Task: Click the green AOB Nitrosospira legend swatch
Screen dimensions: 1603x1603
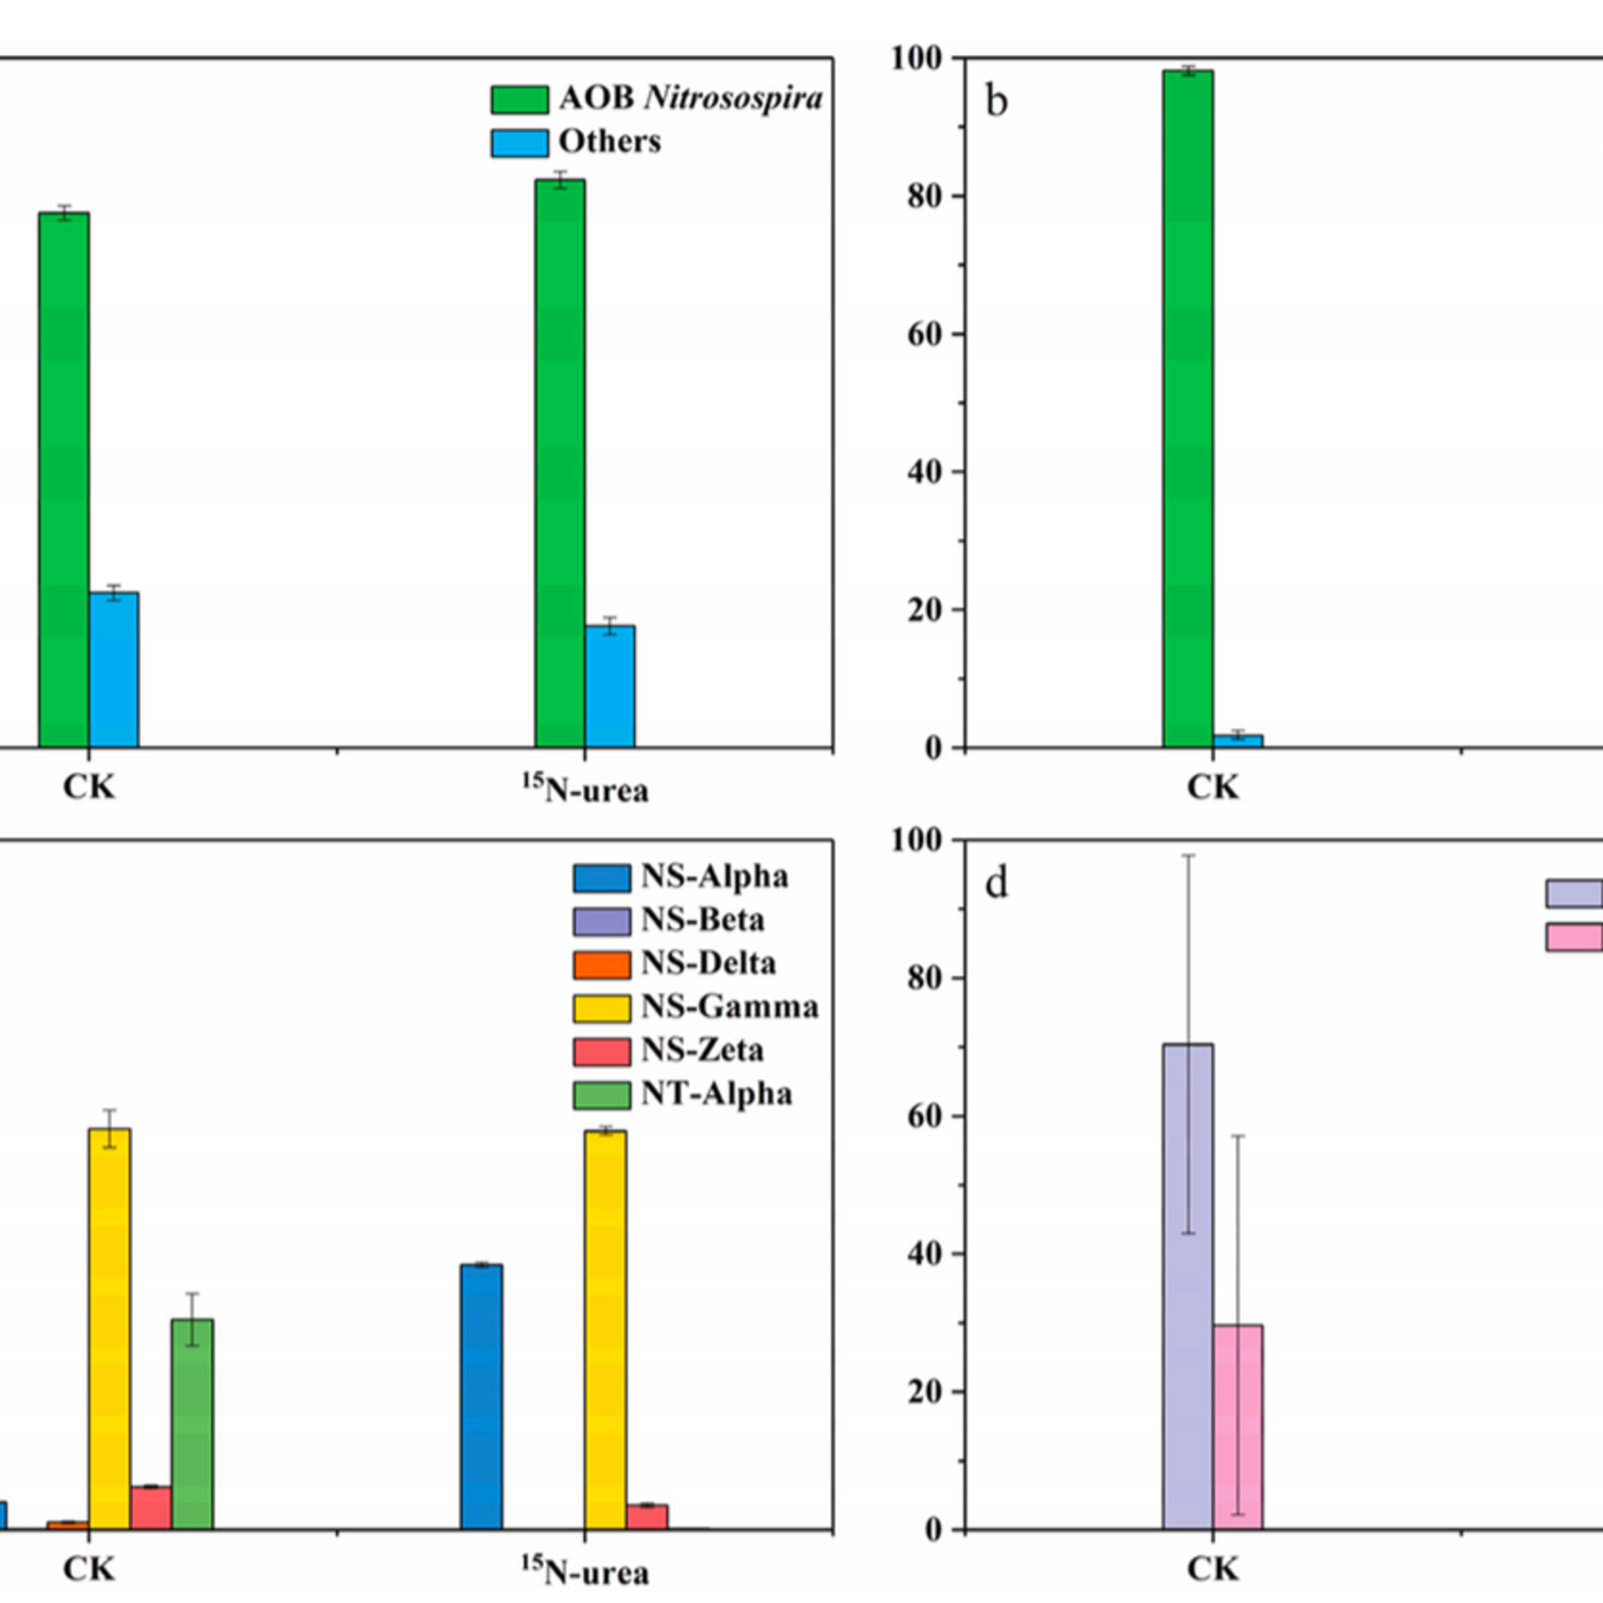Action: click(x=519, y=99)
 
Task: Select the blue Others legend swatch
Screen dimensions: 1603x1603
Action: click(x=519, y=143)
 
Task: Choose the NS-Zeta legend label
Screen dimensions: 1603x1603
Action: click(x=702, y=1050)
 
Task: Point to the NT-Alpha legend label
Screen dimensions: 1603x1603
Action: click(x=716, y=1094)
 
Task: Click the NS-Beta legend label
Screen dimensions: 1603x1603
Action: click(x=703, y=920)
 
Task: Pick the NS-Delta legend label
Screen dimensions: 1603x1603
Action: click(x=709, y=963)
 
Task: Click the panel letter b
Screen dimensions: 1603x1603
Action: click(x=997, y=102)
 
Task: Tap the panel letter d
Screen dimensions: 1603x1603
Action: click(x=997, y=884)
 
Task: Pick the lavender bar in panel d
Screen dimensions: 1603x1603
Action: click(x=1187, y=1286)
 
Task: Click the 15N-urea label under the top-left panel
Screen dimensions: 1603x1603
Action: click(x=586, y=789)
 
